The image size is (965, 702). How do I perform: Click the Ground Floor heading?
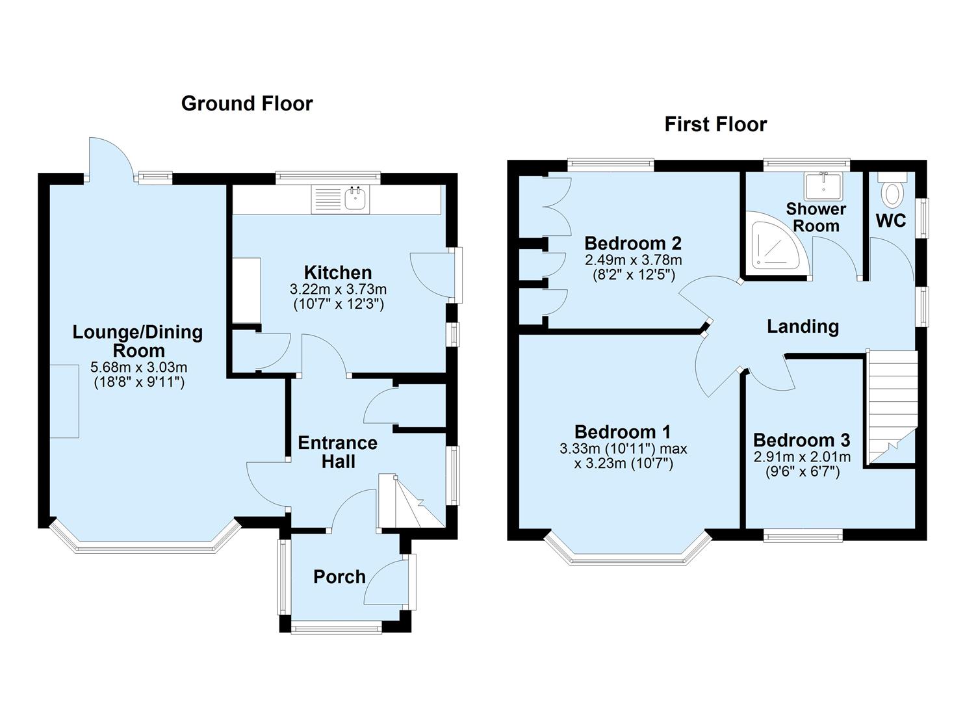pos(247,104)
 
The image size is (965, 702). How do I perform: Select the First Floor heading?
pos(715,125)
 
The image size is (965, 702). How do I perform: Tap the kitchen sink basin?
pos(356,200)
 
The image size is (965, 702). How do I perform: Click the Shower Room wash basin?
pos(823,185)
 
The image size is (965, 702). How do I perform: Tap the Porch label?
pos(339,577)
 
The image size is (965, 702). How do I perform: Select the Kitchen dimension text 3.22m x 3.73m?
pos(338,289)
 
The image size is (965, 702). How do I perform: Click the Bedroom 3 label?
pos(802,441)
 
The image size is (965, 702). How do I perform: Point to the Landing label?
pos(803,327)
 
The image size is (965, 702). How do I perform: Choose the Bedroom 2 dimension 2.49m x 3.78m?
pos(634,260)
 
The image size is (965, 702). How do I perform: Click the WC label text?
pos(891,220)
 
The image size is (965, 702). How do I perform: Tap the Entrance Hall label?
pos(338,452)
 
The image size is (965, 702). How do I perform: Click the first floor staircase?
pos(891,408)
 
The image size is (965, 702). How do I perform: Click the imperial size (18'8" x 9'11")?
pos(139,383)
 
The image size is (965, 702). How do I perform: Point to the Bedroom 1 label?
pos(623,432)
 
